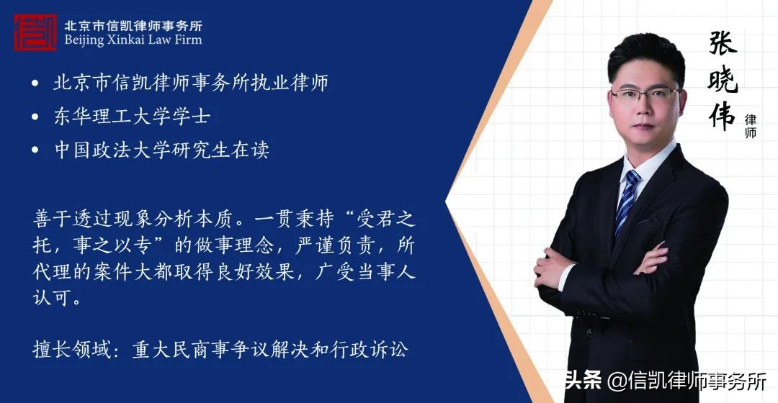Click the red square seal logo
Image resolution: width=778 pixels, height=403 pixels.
coord(35,32)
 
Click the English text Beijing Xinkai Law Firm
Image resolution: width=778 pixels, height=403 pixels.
coord(133,40)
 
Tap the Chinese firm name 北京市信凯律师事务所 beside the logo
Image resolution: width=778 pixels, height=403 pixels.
coord(133,24)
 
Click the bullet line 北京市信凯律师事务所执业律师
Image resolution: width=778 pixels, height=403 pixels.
coord(191,83)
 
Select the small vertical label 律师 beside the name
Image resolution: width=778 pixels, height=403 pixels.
coord(751,126)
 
